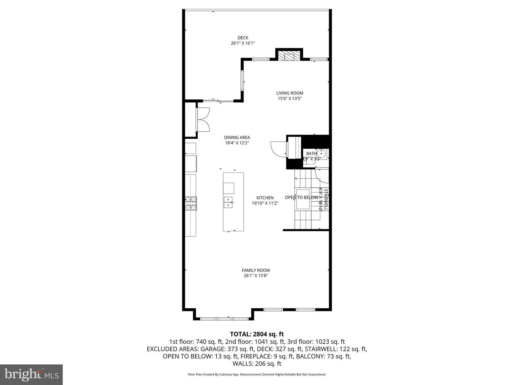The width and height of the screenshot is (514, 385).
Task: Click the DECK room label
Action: coord(243,38)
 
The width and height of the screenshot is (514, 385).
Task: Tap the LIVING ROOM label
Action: coord(289,93)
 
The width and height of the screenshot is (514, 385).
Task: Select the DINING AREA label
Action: coord(237,137)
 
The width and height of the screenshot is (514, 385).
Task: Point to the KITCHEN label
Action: coord(265,198)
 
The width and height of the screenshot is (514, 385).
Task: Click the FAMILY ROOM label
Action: coord(256,270)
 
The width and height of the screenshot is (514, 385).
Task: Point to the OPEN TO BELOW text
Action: coord(301,197)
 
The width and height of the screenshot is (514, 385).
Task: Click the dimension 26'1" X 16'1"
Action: coord(243,43)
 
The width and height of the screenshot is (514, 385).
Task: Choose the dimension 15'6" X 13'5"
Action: coord(290,99)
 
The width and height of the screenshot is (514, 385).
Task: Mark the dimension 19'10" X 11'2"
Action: coord(265,203)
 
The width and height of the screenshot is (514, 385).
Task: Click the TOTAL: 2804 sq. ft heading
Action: coord(257,334)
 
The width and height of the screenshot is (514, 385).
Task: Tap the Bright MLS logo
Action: coord(31,374)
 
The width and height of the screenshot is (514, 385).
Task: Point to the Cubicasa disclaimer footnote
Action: coord(257,374)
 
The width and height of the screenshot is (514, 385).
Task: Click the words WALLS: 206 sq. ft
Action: coord(257,364)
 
